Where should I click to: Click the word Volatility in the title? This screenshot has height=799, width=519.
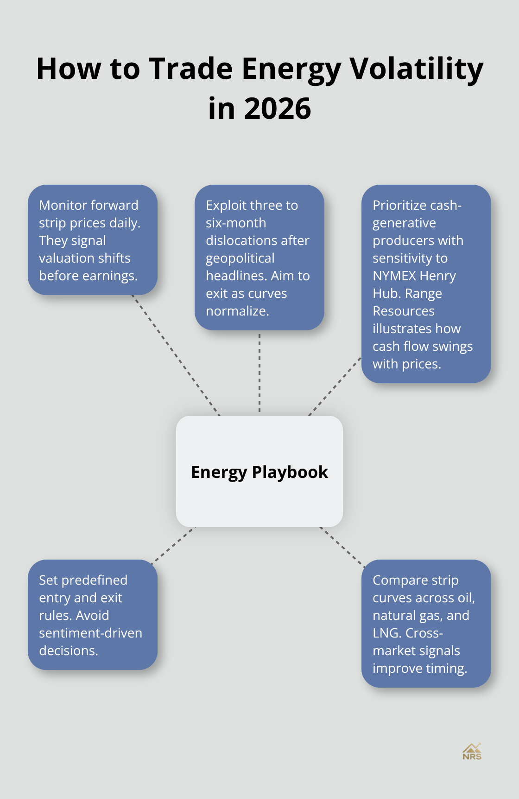click(x=416, y=69)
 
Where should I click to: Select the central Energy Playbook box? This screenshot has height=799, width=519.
click(x=259, y=471)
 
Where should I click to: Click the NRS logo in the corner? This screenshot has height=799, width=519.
click(x=472, y=751)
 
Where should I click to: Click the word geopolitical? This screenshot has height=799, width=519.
click(x=240, y=258)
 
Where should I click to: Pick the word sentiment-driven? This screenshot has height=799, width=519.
click(x=90, y=633)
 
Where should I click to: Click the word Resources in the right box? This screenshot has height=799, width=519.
click(x=404, y=311)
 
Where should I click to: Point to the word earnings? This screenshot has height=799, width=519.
click(x=113, y=276)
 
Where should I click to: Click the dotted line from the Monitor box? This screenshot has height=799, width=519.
click(x=176, y=355)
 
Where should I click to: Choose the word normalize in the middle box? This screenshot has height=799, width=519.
click(x=237, y=311)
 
